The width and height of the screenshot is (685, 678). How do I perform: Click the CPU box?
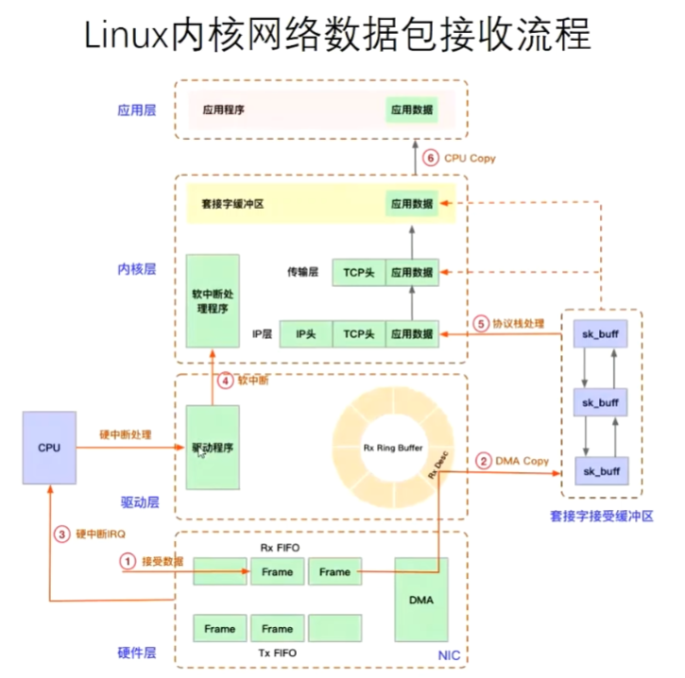(49, 447)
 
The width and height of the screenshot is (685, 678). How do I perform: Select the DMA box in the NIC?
(420, 599)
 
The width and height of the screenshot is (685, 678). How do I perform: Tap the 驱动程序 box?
(213, 447)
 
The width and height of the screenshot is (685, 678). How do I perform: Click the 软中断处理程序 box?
(213, 299)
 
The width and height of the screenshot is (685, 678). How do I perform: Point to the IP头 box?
(305, 333)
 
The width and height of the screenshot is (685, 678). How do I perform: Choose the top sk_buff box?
(601, 335)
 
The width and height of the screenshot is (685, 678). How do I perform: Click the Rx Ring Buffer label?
(394, 447)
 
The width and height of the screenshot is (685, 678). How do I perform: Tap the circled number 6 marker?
(430, 159)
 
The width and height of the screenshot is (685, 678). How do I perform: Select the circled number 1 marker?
(127, 561)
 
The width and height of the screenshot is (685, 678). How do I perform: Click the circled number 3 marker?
(63, 534)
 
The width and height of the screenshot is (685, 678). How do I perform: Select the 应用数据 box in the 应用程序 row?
(411, 110)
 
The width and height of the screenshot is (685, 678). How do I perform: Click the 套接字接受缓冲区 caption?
(601, 516)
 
